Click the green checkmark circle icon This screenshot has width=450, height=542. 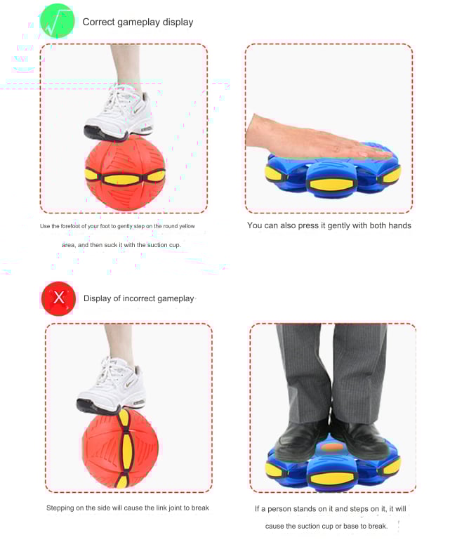pyautogui.click(x=57, y=21)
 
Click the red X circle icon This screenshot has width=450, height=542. pyautogui.click(x=58, y=298)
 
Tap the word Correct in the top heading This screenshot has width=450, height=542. pyautogui.click(x=98, y=22)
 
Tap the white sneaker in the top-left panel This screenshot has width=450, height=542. pyautogui.click(x=119, y=113)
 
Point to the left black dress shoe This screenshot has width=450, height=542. pyautogui.click(x=300, y=438)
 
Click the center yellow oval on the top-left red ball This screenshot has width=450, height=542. pyautogui.click(x=121, y=180)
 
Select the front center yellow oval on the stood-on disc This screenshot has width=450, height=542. pyautogui.click(x=332, y=478)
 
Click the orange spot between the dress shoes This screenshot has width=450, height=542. pyautogui.click(x=332, y=447)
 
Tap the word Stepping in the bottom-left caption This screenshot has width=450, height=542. pyautogui.click(x=60, y=508)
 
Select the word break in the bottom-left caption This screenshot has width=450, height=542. pyautogui.click(x=200, y=508)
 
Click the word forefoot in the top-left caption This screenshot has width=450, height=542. pyautogui.click(x=70, y=226)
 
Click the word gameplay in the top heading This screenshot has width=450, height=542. pyautogui.click(x=139, y=22)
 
